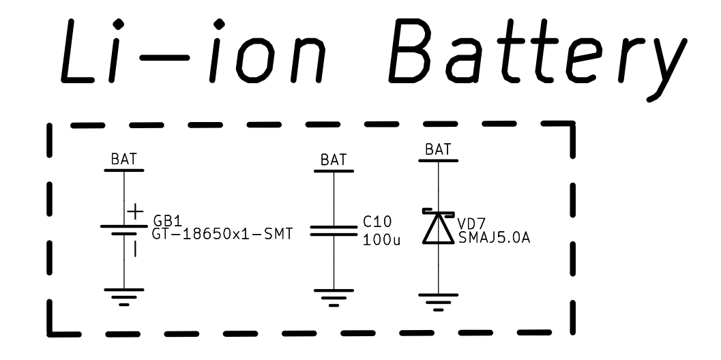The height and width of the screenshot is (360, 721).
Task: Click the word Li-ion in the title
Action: [x=193, y=52]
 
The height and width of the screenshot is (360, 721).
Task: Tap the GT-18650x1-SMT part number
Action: [x=222, y=234]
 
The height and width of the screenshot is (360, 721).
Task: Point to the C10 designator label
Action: [x=377, y=222]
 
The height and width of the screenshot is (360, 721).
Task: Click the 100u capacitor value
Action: [x=381, y=240]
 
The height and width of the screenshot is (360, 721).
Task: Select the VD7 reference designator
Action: [x=472, y=224]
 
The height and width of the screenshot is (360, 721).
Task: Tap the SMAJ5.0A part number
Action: [x=495, y=238]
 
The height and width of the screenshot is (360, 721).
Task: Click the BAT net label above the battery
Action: [x=123, y=159]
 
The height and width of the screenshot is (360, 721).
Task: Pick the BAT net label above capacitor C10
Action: [x=334, y=160]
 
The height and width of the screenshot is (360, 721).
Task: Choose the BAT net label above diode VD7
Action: [x=438, y=149]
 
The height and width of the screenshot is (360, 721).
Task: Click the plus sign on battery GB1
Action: [x=135, y=212]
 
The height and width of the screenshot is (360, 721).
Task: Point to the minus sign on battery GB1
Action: [x=135, y=249]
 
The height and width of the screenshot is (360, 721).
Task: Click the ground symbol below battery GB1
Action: [x=123, y=297]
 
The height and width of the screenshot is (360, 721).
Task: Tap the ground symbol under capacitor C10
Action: [x=334, y=298]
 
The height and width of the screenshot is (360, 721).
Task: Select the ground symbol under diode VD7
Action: [x=438, y=302]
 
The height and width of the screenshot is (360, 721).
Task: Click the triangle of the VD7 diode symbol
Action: [x=438, y=228]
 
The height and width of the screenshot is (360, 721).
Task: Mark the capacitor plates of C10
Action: [x=334, y=231]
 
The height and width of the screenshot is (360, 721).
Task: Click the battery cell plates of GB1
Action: [x=123, y=230]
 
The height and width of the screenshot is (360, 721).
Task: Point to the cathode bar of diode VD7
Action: [x=438, y=213]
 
